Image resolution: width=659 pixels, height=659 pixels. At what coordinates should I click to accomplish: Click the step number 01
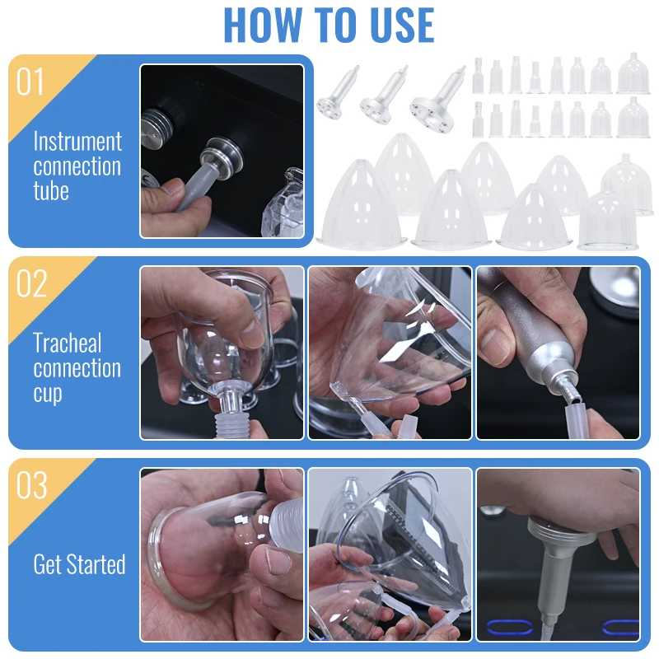coord(30,82)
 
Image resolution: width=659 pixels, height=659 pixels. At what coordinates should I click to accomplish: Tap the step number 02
coord(31,283)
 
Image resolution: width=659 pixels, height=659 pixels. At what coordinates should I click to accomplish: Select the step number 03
coord(31,485)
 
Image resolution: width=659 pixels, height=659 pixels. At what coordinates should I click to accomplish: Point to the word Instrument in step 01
coord(77,141)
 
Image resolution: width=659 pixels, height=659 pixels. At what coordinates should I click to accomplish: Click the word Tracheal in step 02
coord(68,343)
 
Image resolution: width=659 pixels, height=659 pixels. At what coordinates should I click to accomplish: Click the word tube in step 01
coord(51,191)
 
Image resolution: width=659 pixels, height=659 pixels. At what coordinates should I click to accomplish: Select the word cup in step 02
coord(48,395)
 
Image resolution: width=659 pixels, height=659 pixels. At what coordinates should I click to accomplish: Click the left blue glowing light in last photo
coord(509,627)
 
